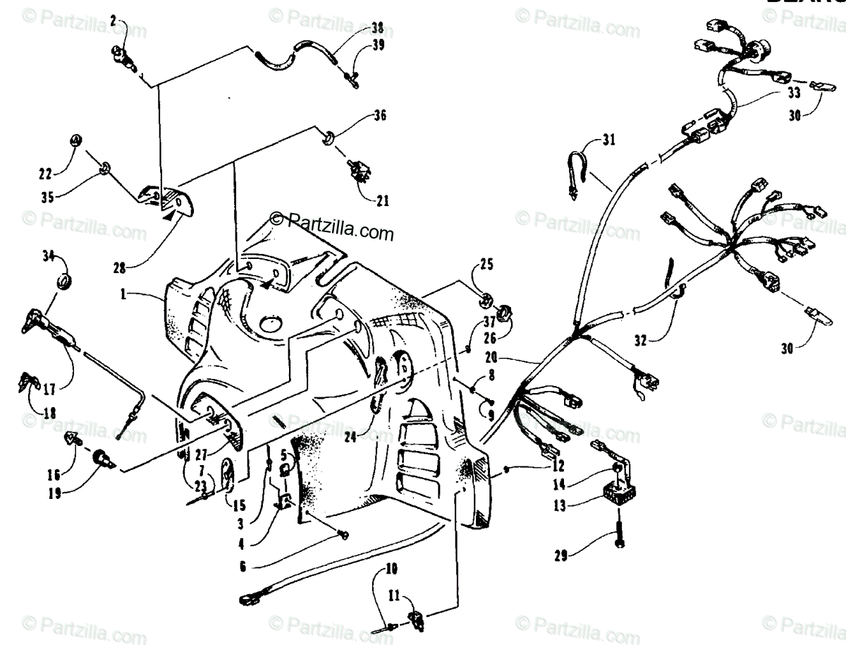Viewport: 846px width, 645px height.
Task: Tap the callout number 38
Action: click(x=378, y=28)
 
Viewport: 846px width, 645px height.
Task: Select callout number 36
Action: click(x=381, y=114)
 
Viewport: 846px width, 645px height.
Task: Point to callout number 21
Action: click(x=381, y=201)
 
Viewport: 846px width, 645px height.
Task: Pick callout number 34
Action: click(x=49, y=255)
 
